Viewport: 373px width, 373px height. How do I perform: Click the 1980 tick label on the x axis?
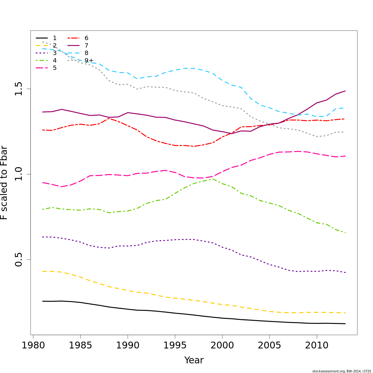click(x=33, y=345)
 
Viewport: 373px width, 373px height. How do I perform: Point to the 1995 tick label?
click(x=175, y=345)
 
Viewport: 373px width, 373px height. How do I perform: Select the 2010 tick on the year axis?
click(x=317, y=345)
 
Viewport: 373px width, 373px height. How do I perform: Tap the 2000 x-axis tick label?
click(x=222, y=345)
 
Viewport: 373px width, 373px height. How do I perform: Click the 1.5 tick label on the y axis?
click(x=19, y=89)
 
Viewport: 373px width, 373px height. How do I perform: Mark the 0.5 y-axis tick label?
click(x=19, y=260)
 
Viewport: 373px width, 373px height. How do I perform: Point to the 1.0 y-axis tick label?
click(x=19, y=174)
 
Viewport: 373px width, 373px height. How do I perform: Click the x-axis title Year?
click(x=194, y=360)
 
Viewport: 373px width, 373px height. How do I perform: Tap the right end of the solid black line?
click(x=345, y=324)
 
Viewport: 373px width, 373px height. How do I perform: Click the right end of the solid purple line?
click(x=345, y=91)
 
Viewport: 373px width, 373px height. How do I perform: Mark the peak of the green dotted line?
click(x=213, y=179)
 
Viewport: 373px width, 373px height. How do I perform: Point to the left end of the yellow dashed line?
click(x=43, y=271)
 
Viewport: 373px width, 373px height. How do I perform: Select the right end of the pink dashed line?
click(x=345, y=156)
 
